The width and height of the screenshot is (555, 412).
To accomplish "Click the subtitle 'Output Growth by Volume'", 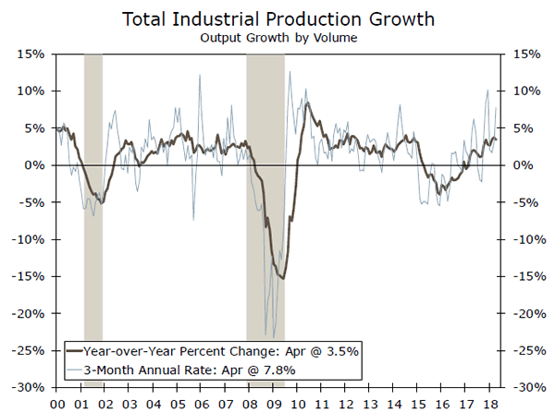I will [277, 38].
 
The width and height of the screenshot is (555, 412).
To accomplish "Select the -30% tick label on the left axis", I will [31, 387].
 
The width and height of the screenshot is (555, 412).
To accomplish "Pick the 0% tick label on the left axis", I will [36, 165].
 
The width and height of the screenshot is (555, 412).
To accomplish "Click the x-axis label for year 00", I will [56, 403].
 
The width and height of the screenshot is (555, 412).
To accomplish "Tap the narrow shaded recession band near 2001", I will [92, 222].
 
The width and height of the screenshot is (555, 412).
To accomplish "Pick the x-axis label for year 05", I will [178, 403].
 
